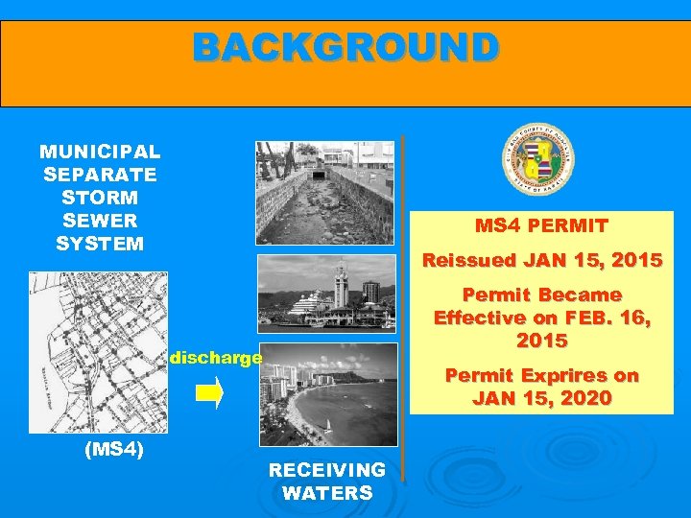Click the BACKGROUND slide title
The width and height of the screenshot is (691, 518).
coord(345,46)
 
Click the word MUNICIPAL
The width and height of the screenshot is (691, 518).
coord(100,152)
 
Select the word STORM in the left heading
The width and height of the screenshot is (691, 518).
coord(100,198)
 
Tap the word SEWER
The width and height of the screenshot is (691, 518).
coord(100,221)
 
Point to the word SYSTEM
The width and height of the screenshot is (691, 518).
coord(100,244)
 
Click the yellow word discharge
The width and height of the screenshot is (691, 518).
coord(215,357)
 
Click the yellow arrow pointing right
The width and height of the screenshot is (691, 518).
coord(214,392)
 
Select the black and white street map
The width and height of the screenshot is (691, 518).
coord(98,353)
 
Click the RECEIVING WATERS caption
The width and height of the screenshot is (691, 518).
coord(326,482)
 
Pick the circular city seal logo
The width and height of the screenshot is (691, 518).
coord(538,161)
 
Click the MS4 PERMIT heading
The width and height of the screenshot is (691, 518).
coord(541,226)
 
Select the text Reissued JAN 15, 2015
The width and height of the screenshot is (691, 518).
coord(542,260)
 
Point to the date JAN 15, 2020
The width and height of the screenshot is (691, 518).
coord(541,398)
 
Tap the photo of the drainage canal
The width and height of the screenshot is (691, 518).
coord(326,193)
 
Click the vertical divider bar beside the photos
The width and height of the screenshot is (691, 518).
coord(403,307)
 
